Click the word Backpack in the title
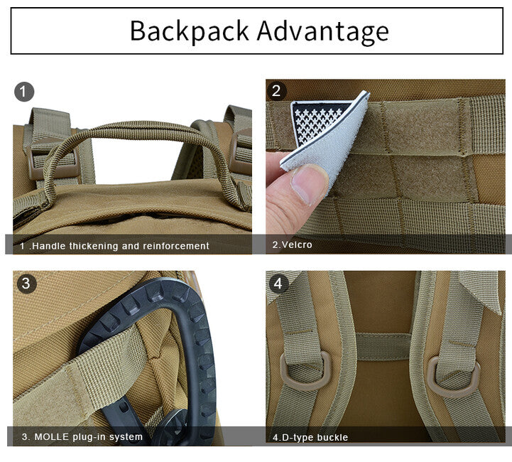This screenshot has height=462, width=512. (x=190, y=31)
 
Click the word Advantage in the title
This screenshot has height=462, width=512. (x=322, y=32)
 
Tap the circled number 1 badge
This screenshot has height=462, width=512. (x=24, y=92)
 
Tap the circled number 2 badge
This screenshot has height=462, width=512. (x=276, y=91)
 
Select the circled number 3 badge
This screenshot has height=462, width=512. (x=26, y=283)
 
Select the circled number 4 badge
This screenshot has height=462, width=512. (x=278, y=284)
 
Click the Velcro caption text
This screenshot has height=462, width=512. (x=293, y=245)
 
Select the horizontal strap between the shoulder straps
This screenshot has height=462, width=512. (x=383, y=346)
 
